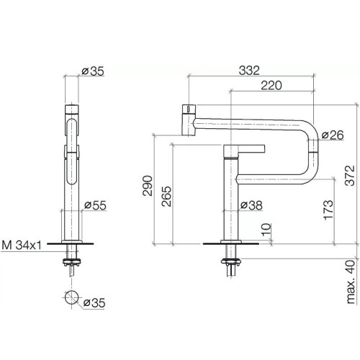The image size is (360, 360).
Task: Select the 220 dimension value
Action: point(270,85)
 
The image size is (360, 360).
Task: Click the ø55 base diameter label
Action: point(96,207)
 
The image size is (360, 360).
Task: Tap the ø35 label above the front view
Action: point(94,71)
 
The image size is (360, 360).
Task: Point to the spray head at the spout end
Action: point(186,117)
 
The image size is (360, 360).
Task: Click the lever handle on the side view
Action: point(245,150)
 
